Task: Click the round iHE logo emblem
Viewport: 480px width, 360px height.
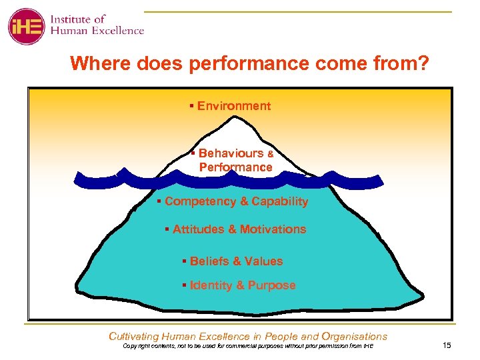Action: click(26, 26)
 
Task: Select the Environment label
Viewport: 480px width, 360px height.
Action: click(233, 106)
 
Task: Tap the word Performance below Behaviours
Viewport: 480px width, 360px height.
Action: click(235, 167)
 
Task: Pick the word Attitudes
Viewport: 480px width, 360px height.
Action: click(198, 229)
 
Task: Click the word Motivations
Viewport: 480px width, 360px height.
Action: click(273, 229)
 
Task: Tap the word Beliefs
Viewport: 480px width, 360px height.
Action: click(209, 261)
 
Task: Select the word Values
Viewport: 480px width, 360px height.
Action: click(263, 261)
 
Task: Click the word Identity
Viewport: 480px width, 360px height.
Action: click(211, 285)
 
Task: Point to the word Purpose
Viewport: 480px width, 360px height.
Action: click(271, 285)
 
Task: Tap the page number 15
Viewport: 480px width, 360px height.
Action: click(447, 345)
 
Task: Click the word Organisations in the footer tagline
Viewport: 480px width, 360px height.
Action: click(353, 337)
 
